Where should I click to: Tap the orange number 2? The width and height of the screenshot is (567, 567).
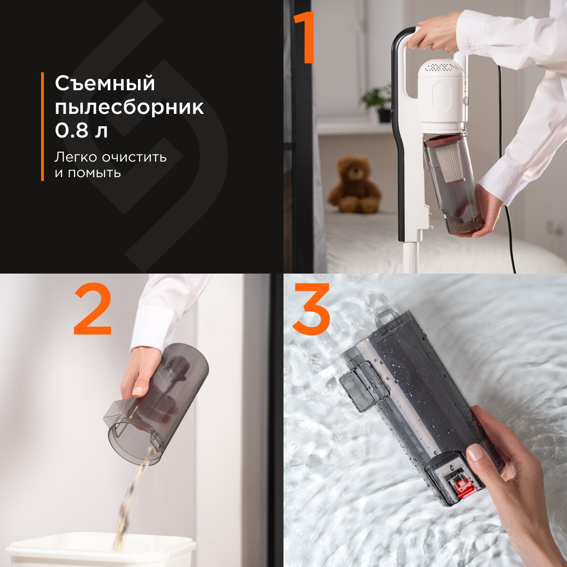[93, 309]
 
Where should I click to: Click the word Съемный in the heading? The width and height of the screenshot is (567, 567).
[105, 84]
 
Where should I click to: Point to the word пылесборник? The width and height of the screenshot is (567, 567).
[129, 108]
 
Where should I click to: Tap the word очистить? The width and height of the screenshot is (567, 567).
[135, 157]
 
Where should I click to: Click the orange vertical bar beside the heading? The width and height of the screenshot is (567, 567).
[43, 127]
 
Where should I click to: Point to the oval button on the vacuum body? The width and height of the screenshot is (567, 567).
[441, 98]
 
